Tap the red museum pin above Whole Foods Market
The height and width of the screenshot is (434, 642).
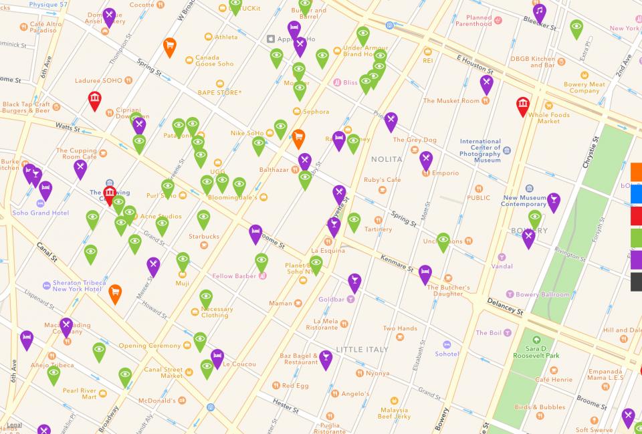(523, 105)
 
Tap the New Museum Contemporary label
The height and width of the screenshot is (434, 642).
(524, 201)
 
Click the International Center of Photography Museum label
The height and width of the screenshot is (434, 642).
(480, 151)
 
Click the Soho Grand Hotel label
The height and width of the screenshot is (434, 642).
(40, 213)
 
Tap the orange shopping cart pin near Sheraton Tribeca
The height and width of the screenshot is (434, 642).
(115, 292)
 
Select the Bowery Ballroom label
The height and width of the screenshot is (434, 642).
(543, 294)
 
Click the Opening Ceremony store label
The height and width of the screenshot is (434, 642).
(150, 346)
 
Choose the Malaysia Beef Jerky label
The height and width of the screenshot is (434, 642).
(393, 413)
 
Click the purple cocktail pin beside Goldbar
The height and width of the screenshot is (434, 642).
(354, 282)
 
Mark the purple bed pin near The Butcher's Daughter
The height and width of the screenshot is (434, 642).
(425, 273)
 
